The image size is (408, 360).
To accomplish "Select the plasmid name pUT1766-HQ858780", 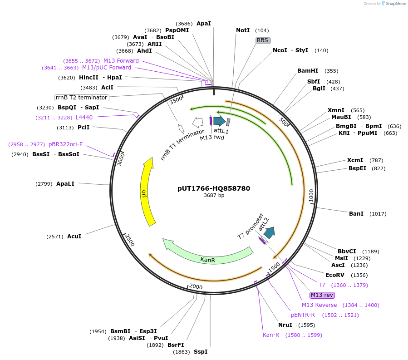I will (214, 188).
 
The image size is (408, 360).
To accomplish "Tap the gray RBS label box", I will (263, 40).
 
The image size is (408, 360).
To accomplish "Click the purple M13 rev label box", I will (322, 295).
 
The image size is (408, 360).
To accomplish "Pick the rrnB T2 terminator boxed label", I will (82, 98).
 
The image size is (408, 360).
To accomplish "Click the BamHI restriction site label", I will (308, 71).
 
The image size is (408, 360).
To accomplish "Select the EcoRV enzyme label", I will (337, 275).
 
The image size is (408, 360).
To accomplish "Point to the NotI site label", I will (243, 30).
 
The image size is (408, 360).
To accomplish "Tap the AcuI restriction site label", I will (74, 237).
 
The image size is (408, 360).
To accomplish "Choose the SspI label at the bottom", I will (200, 352).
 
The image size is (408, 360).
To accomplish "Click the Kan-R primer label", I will (271, 335).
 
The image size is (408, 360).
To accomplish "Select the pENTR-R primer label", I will (303, 315).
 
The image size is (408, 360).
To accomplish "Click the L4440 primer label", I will (84, 118).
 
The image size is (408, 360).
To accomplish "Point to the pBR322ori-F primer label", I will (66, 144).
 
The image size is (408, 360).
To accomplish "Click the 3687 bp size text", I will (214, 196).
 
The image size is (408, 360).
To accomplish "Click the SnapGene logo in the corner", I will (394, 4).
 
